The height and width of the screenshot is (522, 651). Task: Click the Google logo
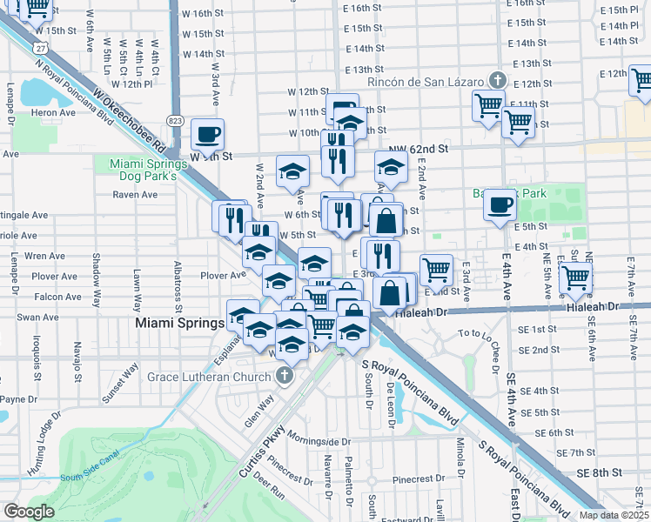point(29,512)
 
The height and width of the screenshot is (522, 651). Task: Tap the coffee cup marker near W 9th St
point(207,135)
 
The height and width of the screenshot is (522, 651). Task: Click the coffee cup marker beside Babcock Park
point(500,205)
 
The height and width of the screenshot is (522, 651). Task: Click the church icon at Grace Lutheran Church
point(282,376)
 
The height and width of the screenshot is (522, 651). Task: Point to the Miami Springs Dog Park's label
point(143,170)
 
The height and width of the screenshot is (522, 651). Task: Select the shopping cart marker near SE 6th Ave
point(575,278)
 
